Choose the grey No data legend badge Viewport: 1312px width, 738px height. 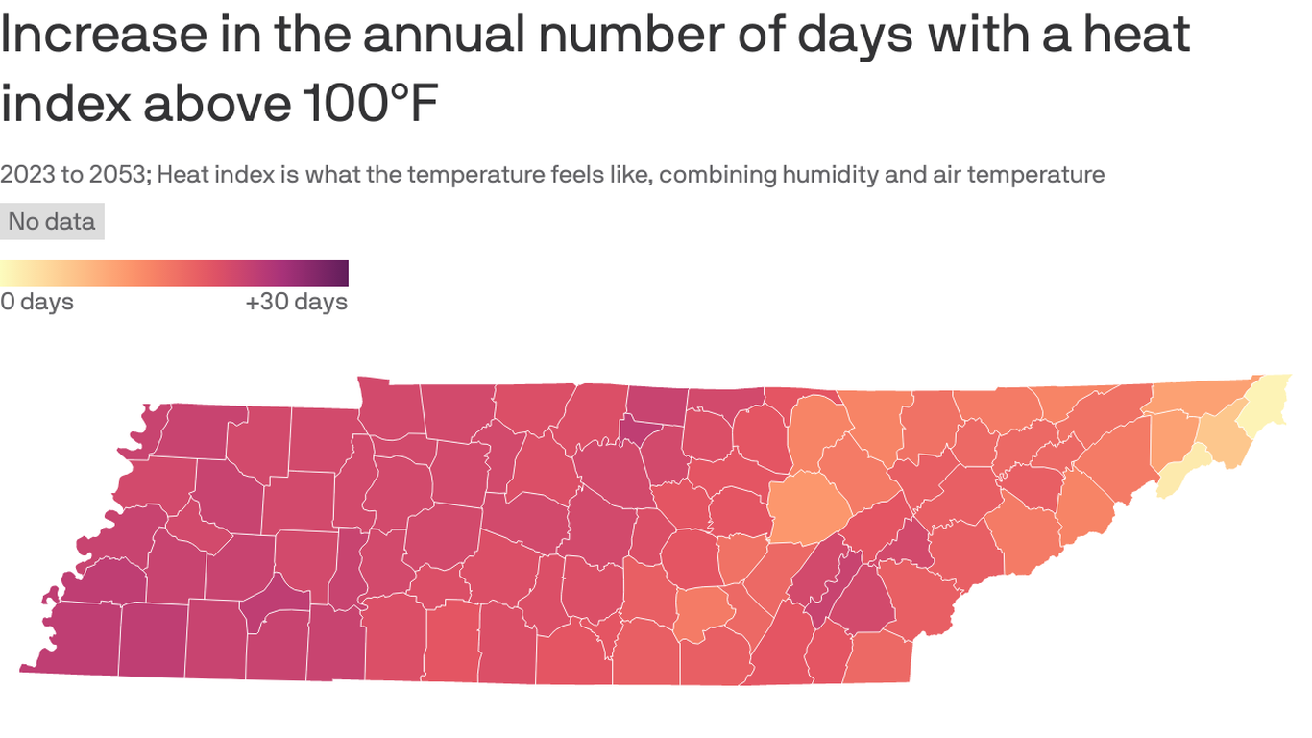(52, 222)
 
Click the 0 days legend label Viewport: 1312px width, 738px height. (36, 302)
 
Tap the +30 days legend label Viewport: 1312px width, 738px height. (296, 302)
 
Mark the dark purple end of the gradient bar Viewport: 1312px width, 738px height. (338, 274)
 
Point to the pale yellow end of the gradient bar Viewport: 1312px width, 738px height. (10, 274)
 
